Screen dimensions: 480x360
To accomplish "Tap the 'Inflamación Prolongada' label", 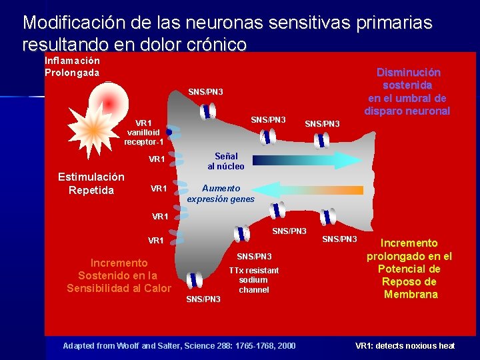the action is tap(72, 66).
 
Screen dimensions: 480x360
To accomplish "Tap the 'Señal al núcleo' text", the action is tap(225, 161).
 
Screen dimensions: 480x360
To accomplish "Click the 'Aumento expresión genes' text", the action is tap(221, 194).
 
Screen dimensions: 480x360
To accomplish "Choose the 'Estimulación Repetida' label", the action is tap(91, 183).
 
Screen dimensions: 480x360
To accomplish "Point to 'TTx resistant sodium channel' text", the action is tap(253, 280).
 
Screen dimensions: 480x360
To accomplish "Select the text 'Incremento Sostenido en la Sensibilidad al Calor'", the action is tap(119, 275).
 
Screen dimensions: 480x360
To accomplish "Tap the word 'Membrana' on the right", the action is tap(411, 295).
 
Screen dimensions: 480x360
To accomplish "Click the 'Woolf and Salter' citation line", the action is tap(178, 345).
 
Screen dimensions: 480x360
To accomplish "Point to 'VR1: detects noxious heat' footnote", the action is tap(405, 345).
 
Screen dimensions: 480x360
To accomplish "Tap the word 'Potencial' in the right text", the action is tap(409, 269).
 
